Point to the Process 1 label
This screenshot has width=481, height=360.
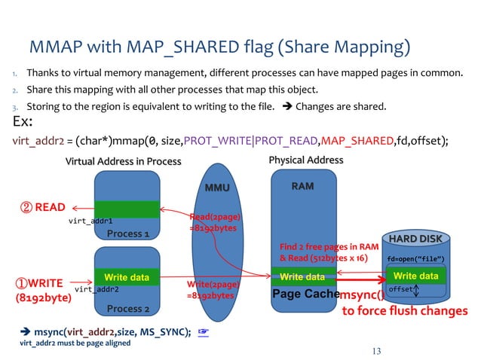(x=127, y=233)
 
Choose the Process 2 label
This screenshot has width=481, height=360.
(x=127, y=309)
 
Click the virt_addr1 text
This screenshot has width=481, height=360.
(x=90, y=221)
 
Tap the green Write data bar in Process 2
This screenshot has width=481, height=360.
(x=127, y=277)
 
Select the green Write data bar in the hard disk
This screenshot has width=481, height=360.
(x=415, y=276)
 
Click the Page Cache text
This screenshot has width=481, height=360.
(x=303, y=294)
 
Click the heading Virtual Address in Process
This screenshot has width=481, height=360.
(x=123, y=161)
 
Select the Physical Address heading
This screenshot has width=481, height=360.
(x=305, y=160)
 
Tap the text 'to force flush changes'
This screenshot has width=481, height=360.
(x=405, y=310)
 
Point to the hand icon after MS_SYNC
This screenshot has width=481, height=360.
(x=202, y=331)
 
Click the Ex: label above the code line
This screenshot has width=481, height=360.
(x=24, y=123)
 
